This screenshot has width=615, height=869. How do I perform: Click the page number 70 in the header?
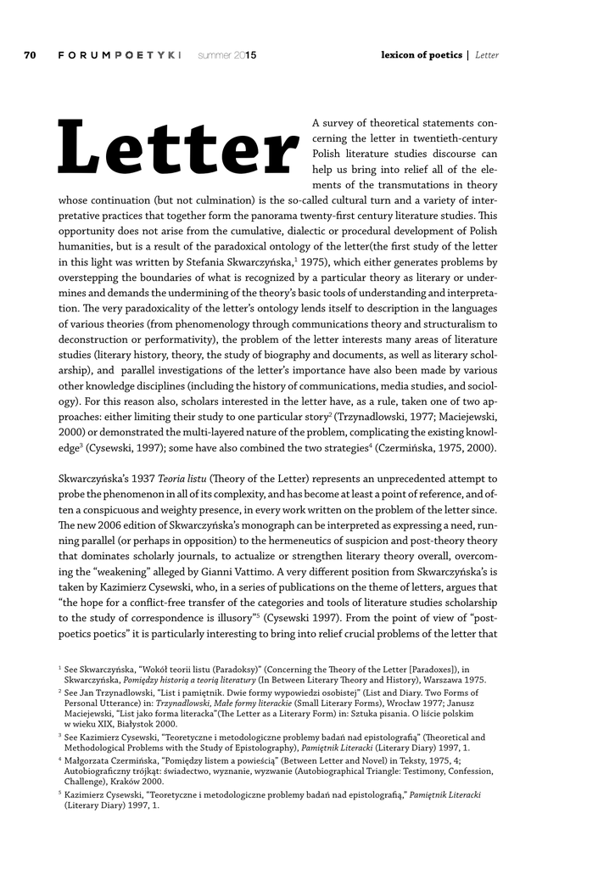[31, 55]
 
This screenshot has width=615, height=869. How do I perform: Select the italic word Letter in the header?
[487, 55]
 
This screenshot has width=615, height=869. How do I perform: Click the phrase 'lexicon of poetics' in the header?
[421, 55]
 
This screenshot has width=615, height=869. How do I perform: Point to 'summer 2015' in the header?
[226, 55]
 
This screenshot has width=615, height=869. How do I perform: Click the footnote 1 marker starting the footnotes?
[59, 669]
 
